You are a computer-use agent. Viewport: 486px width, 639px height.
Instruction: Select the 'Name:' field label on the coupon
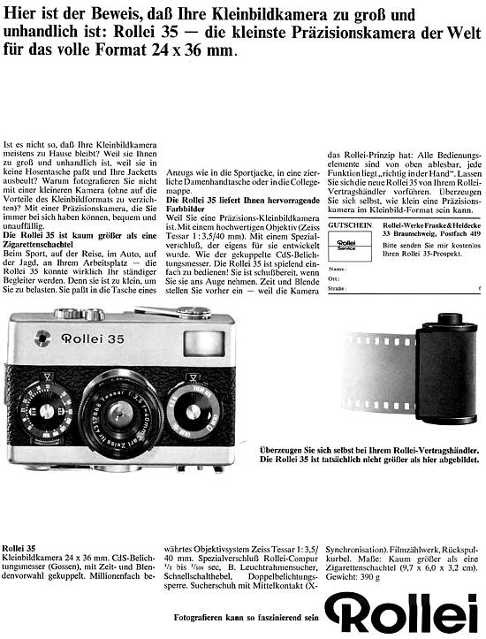click(x=336, y=267)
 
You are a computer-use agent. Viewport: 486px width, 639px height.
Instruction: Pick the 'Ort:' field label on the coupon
click(x=333, y=278)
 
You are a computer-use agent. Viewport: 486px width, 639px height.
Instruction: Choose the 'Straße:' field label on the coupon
click(x=337, y=289)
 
